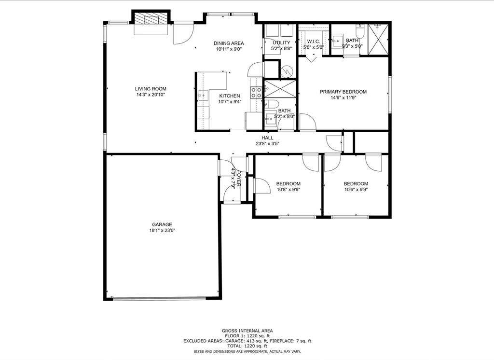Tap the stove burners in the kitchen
coord(256,92)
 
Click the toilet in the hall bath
coord(271,104)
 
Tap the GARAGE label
coord(162,224)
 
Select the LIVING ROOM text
coord(151,89)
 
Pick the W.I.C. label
coord(313,41)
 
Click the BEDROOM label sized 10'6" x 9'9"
coord(356,184)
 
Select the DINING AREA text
coord(229,43)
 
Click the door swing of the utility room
coord(255,70)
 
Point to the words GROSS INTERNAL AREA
coord(247,331)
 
